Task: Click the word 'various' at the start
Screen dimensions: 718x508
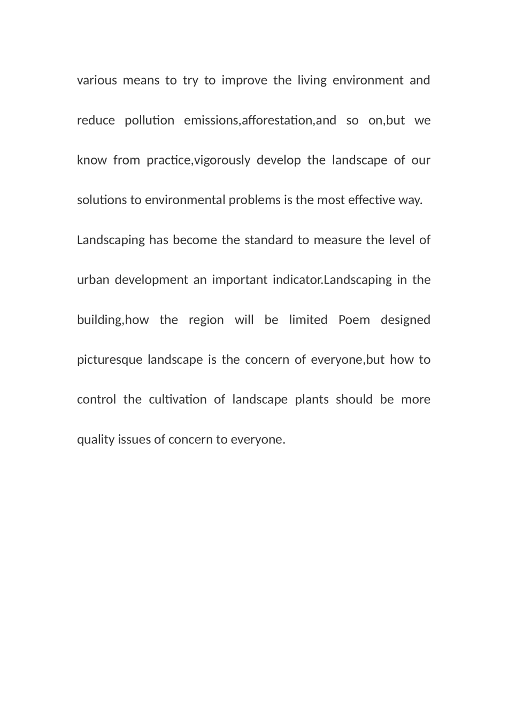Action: (97, 81)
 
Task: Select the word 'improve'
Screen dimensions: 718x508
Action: (244, 81)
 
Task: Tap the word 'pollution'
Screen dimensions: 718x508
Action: (149, 121)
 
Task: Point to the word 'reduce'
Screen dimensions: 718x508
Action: (96, 121)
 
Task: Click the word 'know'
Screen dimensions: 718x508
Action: (92, 160)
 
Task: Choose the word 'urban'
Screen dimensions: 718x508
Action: (93, 280)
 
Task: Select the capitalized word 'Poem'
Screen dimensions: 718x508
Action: (354, 320)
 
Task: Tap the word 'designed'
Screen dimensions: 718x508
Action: (405, 320)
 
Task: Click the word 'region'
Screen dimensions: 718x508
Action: (206, 320)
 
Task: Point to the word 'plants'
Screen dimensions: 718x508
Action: (312, 400)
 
